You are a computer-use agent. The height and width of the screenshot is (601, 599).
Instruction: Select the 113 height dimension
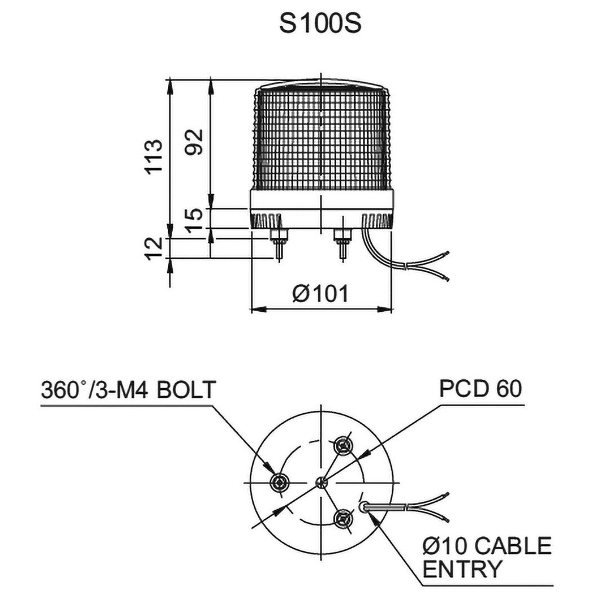(154, 156)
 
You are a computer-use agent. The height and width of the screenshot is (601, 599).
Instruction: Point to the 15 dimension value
(195, 218)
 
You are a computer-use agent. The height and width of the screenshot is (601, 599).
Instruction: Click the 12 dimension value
(154, 248)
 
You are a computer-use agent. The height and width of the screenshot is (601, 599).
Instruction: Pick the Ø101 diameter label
(321, 293)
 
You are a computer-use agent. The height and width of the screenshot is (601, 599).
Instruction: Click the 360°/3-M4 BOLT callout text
(129, 390)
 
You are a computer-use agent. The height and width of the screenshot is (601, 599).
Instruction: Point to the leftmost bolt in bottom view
(278, 482)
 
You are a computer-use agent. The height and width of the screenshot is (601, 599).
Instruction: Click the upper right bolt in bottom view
(342, 447)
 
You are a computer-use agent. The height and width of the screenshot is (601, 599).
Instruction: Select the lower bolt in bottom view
(342, 518)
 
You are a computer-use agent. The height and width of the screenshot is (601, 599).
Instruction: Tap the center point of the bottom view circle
(321, 482)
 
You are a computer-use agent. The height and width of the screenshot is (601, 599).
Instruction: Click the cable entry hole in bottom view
(365, 505)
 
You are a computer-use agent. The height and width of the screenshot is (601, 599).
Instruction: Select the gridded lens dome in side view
(321, 138)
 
